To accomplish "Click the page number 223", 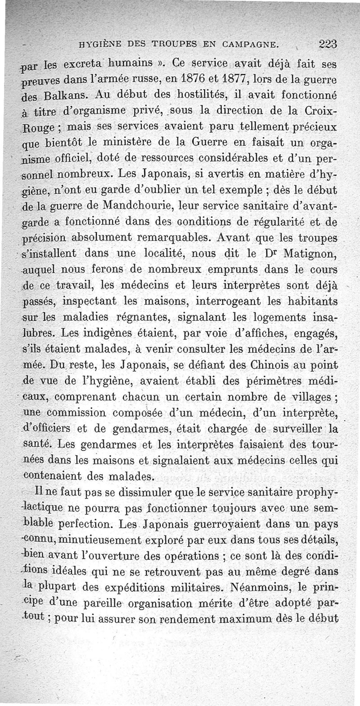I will [328, 44].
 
